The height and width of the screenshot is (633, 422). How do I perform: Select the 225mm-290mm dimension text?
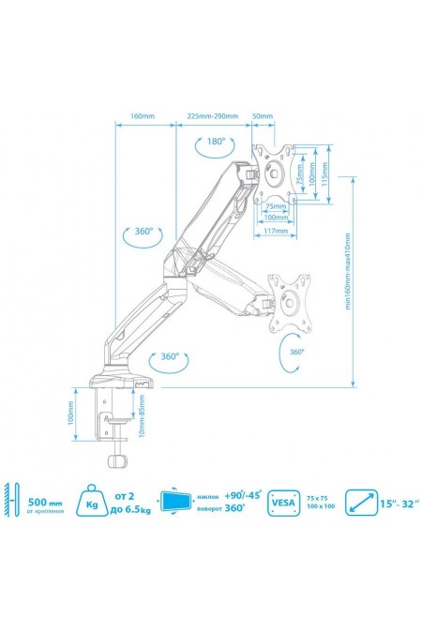click(212, 116)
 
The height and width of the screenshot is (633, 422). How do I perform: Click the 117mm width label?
click(274, 231)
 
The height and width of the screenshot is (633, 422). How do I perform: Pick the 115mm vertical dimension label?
click(323, 173)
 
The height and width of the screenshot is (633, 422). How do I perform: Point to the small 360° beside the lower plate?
click(297, 352)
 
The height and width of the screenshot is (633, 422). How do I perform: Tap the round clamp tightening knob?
click(118, 460)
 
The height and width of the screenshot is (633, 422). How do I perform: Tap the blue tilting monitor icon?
click(174, 501)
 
